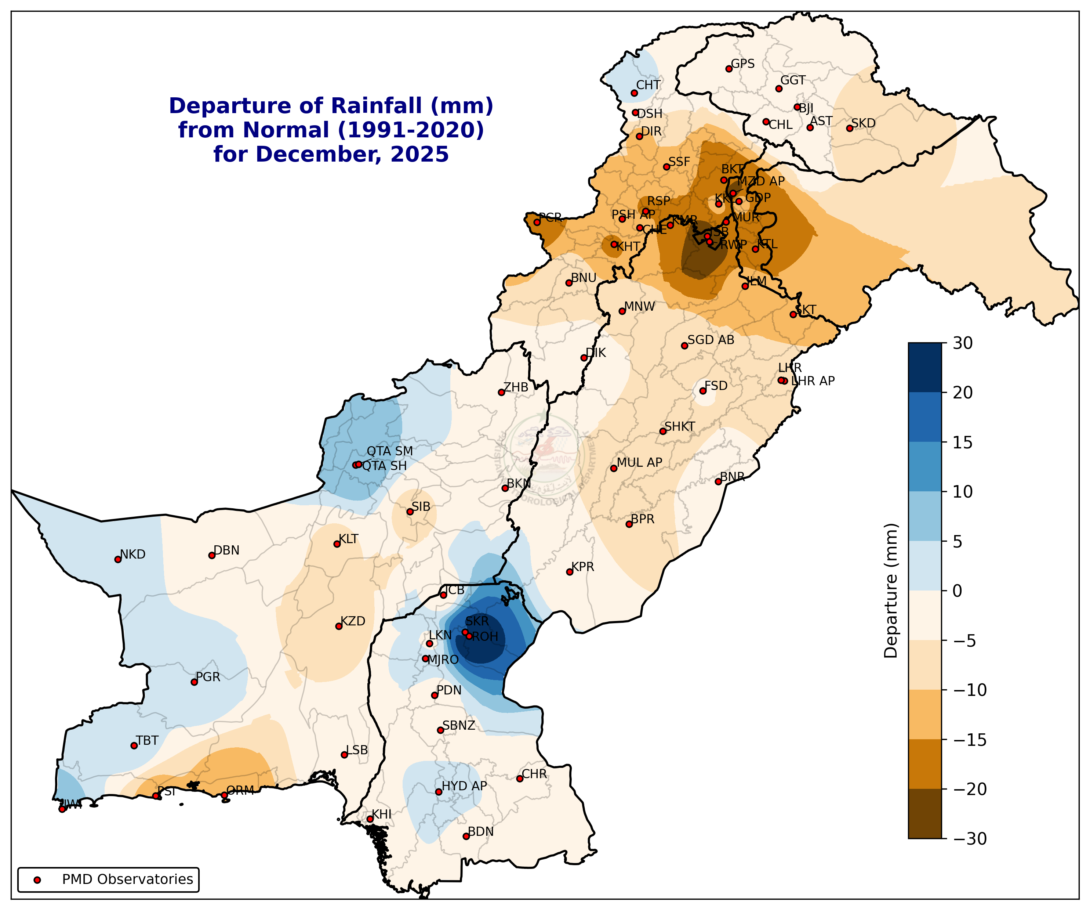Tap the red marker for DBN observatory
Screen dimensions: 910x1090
point(212,556)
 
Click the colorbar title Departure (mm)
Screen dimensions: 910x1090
point(891,591)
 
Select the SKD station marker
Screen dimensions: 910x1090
point(850,128)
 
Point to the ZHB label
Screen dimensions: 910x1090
point(516,387)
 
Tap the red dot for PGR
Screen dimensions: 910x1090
point(194,682)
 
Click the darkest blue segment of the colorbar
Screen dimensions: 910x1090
point(924,368)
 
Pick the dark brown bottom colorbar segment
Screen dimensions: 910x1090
point(924,813)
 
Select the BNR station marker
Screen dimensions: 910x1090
point(718,481)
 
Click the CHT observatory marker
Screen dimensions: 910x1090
point(634,94)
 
